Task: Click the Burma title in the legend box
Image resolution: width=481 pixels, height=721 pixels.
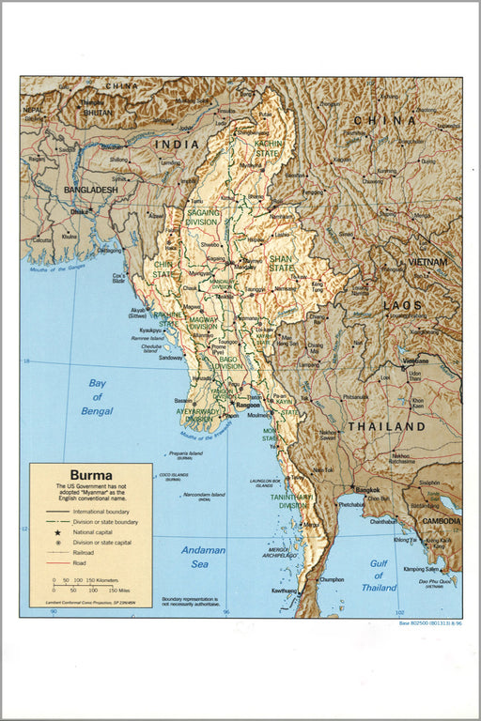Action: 90,475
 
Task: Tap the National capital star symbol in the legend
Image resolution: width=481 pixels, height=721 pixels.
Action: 57,532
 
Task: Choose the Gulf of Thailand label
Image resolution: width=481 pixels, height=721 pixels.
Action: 379,575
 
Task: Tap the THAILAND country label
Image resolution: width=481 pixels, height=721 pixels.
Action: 387,426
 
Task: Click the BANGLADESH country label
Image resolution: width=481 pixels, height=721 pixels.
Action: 90,190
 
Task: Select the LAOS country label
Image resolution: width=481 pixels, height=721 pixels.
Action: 402,306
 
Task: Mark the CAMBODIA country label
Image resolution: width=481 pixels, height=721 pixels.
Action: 440,521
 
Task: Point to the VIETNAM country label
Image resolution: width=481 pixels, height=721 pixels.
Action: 427,262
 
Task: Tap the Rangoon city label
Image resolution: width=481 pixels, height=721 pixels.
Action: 248,405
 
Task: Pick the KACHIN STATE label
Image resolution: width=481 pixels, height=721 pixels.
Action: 269,147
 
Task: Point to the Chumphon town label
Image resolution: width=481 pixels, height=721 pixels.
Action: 332,580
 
